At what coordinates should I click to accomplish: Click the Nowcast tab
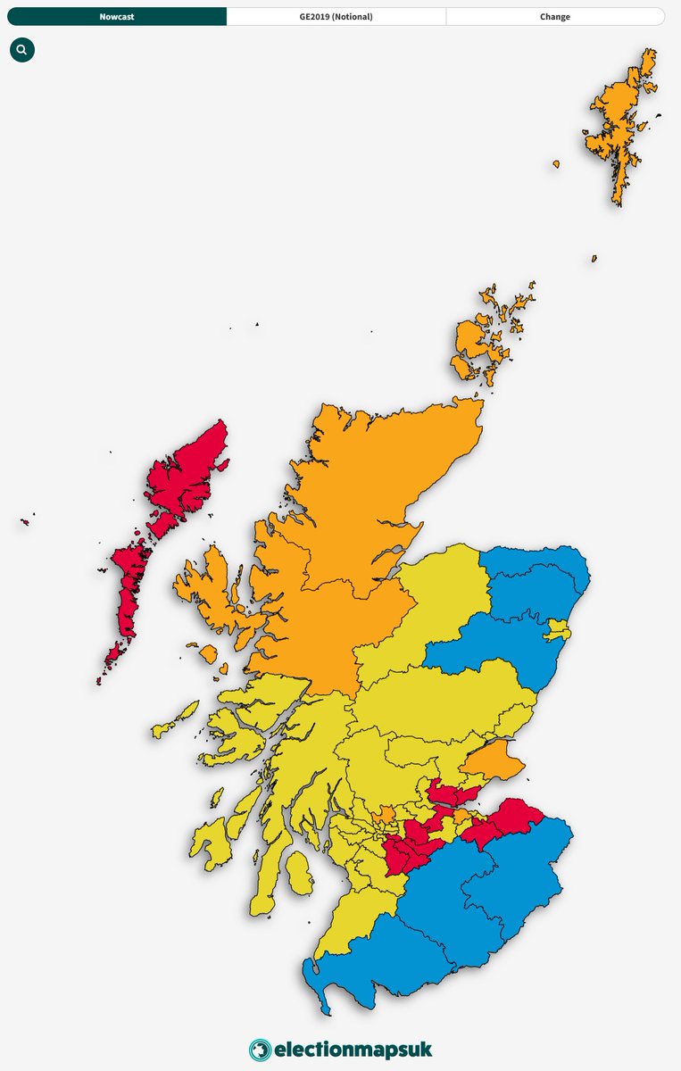(x=117, y=16)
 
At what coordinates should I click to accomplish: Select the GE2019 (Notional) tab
(x=336, y=16)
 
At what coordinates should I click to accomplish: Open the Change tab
(x=554, y=16)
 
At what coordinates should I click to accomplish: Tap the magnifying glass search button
(x=22, y=50)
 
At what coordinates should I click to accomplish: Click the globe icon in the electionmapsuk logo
(x=260, y=1050)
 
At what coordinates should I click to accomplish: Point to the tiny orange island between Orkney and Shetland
(x=594, y=259)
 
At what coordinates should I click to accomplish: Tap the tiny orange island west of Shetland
(x=556, y=164)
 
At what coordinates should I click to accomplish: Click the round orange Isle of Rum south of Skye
(x=208, y=654)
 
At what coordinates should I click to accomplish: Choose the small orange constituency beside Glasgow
(x=386, y=814)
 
